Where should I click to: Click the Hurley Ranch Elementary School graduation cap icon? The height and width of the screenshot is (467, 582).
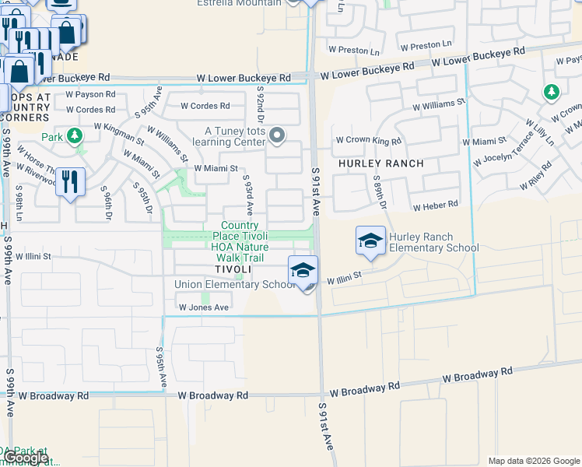370,240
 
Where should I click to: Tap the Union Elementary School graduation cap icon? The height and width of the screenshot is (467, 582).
303,270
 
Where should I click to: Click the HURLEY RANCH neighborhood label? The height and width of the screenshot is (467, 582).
381,163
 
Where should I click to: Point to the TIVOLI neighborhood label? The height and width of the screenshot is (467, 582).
233,269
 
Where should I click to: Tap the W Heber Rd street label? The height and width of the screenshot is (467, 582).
436,206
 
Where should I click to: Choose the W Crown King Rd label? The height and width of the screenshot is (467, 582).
368,141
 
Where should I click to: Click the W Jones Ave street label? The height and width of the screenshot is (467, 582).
204,307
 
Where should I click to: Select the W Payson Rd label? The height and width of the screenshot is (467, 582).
90,94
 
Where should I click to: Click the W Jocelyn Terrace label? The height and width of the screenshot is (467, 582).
506,156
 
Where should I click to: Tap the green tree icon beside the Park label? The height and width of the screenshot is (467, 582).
74,137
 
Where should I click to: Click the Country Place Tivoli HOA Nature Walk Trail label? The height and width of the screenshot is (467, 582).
239,241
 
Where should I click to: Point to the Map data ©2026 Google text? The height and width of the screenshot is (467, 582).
534,461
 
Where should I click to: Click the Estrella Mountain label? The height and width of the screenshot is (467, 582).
249,3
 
